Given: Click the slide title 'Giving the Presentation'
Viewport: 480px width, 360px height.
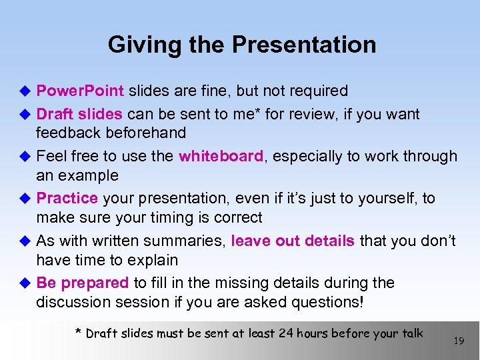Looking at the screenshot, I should coord(241,45).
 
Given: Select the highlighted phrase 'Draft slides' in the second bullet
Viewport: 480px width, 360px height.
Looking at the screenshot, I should coord(79,114).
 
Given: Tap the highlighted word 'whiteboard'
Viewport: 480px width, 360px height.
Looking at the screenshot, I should coord(221,156).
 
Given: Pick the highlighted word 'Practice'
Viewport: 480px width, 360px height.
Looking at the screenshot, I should coord(67,198).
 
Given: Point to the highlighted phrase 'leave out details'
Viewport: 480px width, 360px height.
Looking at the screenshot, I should coord(293,241).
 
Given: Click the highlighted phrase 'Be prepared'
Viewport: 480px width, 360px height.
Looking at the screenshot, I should coord(82,283).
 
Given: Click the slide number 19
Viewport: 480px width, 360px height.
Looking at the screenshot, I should coord(458,341).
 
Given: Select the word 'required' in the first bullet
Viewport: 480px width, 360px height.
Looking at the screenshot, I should coord(319,91).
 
